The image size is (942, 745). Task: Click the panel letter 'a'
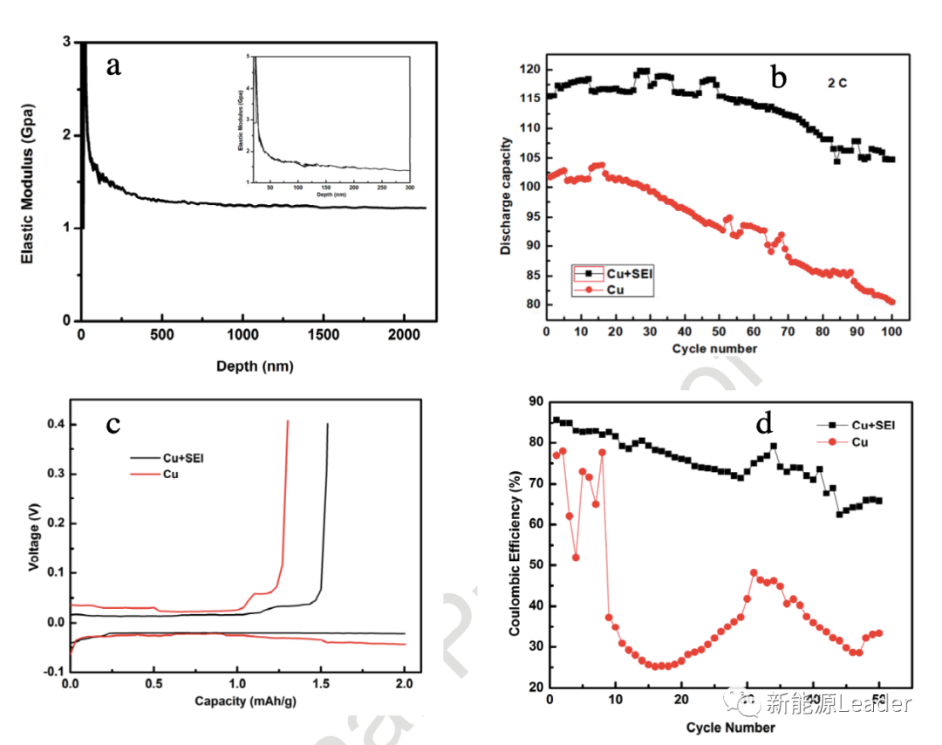[113, 66]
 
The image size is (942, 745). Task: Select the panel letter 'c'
[113, 424]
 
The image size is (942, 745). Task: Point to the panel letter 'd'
[765, 424]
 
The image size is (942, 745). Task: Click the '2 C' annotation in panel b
[838, 84]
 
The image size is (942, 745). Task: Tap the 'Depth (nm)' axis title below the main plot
[255, 366]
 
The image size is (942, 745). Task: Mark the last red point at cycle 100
[891, 302]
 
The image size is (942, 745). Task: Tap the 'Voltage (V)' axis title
[34, 538]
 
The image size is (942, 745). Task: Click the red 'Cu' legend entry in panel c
[172, 473]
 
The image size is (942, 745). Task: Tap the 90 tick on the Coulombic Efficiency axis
[531, 401]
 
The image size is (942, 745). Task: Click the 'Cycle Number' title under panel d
[729, 727]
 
